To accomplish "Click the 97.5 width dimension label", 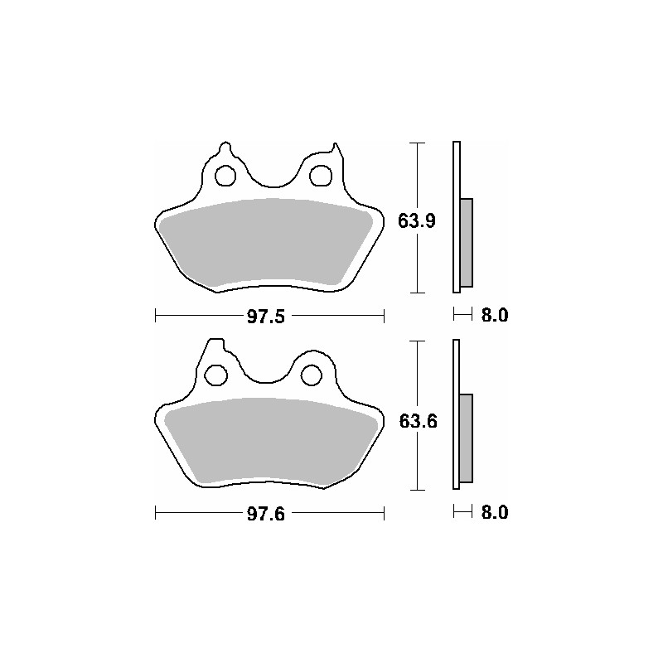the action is [266, 317].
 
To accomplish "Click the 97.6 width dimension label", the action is [266, 514].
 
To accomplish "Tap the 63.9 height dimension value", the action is [417, 220].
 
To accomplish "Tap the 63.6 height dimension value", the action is [418, 421].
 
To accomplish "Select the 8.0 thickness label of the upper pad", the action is [495, 315].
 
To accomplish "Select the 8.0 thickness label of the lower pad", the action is [495, 512].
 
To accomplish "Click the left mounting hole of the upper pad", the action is [225, 176].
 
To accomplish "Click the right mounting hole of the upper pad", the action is [321, 176].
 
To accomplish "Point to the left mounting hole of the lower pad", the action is [216, 375].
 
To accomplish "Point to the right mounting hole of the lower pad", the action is [312, 375].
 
